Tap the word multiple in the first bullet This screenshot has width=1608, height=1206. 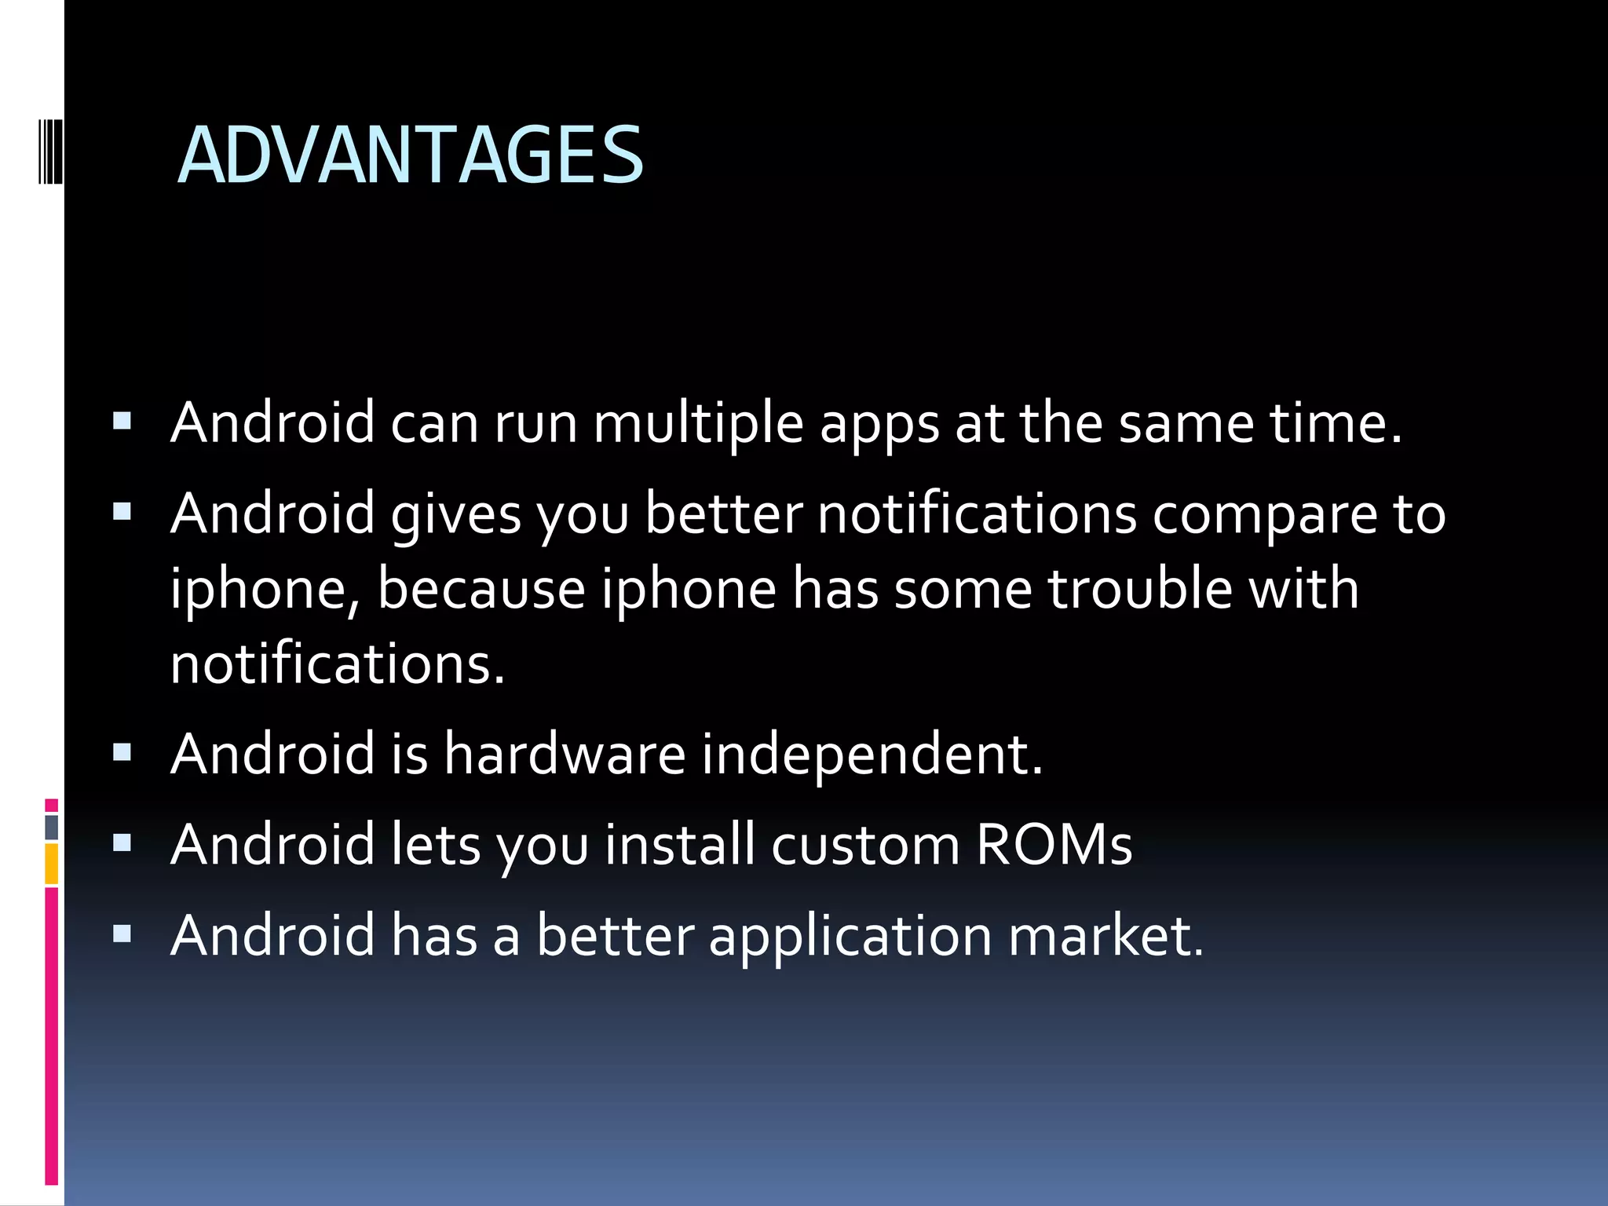pyautogui.click(x=698, y=423)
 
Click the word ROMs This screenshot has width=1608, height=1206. pyautogui.click(x=1054, y=845)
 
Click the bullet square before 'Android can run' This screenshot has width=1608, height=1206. pyautogui.click(x=122, y=422)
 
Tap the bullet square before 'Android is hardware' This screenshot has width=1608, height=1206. pyautogui.click(x=122, y=754)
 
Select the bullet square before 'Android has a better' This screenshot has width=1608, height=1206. pyautogui.click(x=122, y=934)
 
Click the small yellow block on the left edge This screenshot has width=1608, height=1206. pyautogui.click(x=52, y=864)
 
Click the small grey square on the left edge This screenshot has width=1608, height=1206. pyautogui.click(x=52, y=827)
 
